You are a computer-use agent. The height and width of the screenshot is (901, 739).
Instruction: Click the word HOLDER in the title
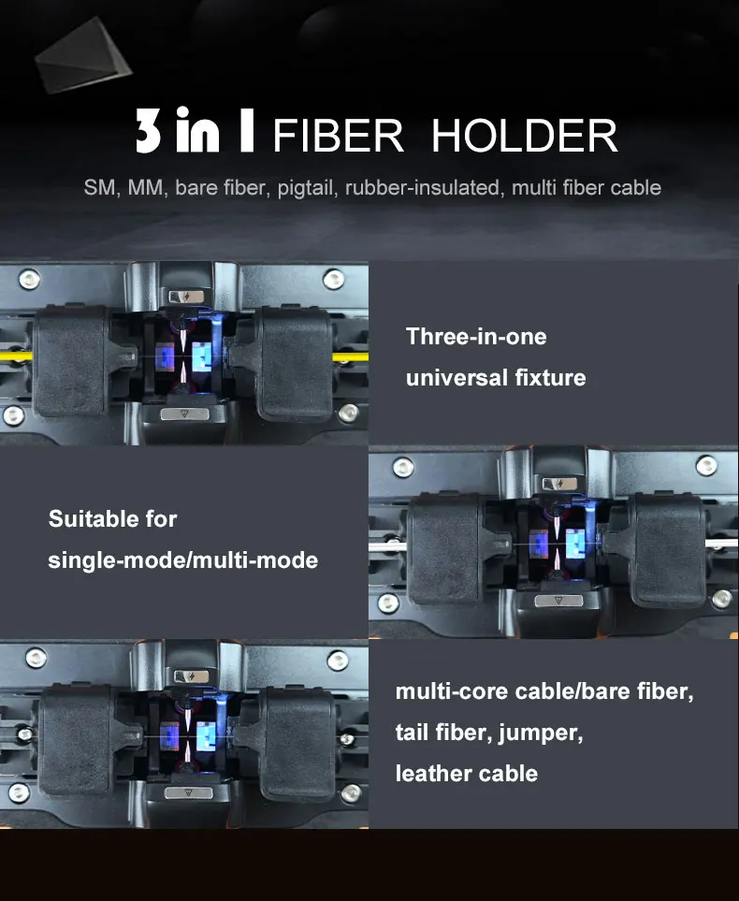tap(524, 136)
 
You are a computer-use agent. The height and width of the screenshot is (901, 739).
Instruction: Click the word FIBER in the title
tap(338, 136)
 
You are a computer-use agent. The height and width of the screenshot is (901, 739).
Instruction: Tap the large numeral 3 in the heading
tap(148, 130)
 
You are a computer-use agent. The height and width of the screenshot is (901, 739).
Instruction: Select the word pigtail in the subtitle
tap(308, 188)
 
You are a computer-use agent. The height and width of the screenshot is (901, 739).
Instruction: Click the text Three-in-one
tap(476, 336)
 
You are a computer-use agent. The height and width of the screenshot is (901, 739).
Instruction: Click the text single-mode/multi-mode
tap(182, 560)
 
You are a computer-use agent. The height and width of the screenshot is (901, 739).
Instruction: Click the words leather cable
tap(467, 774)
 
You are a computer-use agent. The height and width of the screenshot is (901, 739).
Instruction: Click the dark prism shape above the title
tap(83, 55)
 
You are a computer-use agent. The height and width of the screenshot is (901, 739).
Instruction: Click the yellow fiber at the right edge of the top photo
tap(351, 357)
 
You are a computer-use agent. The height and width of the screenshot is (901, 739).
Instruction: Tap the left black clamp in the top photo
tap(70, 362)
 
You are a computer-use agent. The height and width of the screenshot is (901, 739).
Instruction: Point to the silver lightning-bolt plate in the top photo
tap(186, 297)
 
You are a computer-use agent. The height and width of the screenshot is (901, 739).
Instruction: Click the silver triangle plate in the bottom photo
tap(188, 793)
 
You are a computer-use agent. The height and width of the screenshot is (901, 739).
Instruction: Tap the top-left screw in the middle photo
tap(403, 467)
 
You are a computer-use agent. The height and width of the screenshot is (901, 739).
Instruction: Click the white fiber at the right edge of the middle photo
tap(722, 543)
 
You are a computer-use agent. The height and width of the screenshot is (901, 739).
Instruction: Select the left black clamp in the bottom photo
tap(76, 741)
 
